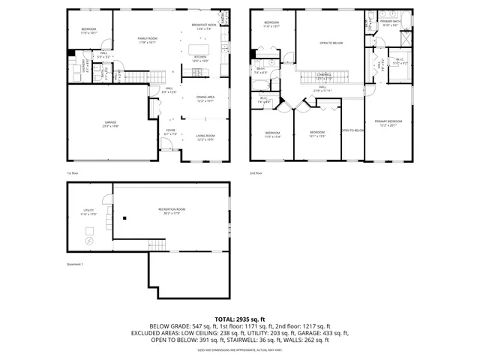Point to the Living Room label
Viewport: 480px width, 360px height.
click(205, 137)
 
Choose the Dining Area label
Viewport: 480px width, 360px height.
click(205, 98)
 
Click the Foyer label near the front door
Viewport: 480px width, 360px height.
click(172, 131)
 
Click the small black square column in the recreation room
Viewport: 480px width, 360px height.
click(124, 218)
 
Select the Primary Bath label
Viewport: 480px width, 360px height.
click(390, 23)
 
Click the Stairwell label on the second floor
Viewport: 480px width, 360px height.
click(324, 76)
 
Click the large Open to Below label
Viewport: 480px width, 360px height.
click(331, 43)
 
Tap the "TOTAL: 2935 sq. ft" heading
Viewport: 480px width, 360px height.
click(239, 319)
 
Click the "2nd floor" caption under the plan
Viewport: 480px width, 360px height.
click(257, 173)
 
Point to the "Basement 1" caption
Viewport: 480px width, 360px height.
click(75, 264)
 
